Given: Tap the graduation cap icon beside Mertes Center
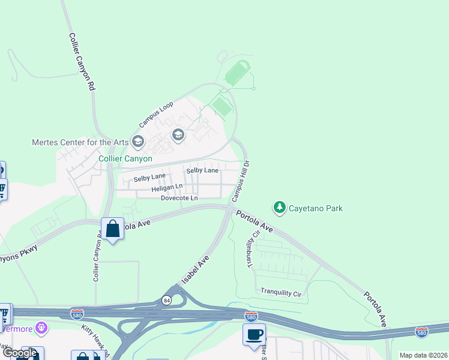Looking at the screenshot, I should pos(138,142).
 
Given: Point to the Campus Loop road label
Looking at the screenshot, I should pos(156,114).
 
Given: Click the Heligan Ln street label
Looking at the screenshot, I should pos(166,188).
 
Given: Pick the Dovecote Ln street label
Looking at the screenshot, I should pos(179,198).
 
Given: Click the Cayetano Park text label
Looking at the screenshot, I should pos(316,208).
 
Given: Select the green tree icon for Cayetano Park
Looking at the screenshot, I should pos(279,208).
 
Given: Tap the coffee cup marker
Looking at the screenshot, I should pos(254,334).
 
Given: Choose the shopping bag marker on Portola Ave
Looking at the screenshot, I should pos(112,229).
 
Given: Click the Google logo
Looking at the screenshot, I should pos(20,353).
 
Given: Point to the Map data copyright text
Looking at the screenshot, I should pos(424,355).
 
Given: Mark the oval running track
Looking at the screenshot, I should pos(238,73).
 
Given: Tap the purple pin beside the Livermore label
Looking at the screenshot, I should pos(41,328).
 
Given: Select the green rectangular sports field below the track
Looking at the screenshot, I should pos(221,107).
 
